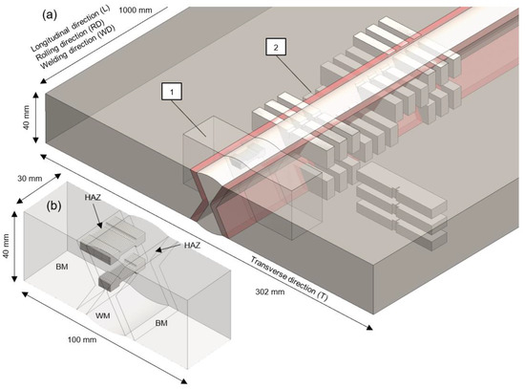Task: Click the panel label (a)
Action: [50, 15]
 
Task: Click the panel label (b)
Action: [53, 205]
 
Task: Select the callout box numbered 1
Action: [172, 92]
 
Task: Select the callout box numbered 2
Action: [276, 47]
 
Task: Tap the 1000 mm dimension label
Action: [136, 10]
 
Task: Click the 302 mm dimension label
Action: [270, 292]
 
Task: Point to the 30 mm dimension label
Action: [30, 178]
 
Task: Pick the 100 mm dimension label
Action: [82, 339]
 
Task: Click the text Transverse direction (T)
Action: [289, 278]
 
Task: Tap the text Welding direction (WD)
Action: [77, 47]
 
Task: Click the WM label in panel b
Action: [102, 315]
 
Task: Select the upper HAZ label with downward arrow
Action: [93, 198]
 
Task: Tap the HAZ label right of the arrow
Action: [192, 246]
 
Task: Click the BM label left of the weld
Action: [62, 267]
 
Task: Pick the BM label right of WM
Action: [161, 323]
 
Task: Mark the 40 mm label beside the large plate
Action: [26, 118]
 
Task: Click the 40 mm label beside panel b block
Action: [6, 247]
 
